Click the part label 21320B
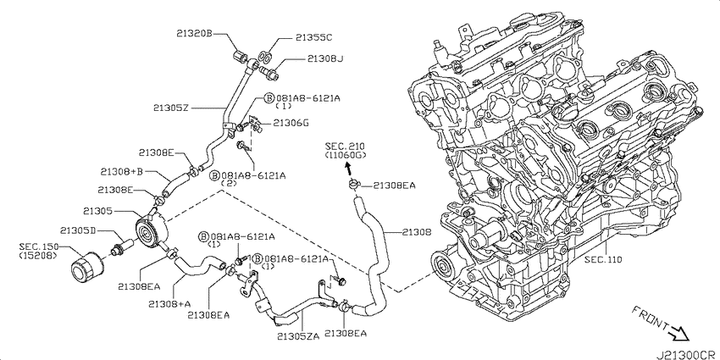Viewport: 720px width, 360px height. (194, 34)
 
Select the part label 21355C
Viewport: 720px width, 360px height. (313, 38)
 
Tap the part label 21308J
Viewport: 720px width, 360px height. (325, 58)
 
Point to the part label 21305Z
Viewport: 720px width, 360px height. (172, 108)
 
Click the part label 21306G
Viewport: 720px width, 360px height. (291, 123)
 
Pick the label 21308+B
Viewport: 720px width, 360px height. (122, 172)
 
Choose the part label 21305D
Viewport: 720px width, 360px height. (78, 230)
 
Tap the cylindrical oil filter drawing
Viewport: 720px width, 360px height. (84, 269)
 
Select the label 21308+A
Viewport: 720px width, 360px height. (170, 303)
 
